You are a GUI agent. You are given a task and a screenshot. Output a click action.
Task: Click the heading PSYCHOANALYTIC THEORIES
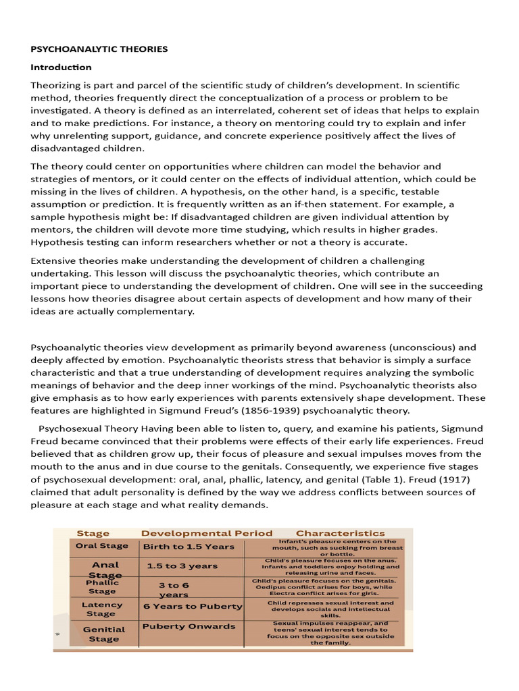click(99, 49)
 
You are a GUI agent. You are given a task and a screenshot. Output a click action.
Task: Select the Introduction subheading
click(61, 67)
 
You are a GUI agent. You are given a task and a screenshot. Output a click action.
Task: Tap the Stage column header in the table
click(93, 533)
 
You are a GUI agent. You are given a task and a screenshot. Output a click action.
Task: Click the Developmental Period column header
click(207, 533)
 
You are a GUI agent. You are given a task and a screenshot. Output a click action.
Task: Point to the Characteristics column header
click(340, 533)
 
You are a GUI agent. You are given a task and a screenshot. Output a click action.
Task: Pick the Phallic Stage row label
click(102, 586)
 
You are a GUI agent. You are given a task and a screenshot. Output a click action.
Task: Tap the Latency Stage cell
click(102, 609)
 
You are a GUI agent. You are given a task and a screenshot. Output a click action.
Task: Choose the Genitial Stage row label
click(104, 634)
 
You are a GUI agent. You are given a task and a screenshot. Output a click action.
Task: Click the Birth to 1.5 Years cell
click(189, 547)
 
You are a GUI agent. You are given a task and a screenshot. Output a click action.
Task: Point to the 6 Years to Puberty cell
click(193, 606)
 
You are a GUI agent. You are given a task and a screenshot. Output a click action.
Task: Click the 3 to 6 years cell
click(174, 590)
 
